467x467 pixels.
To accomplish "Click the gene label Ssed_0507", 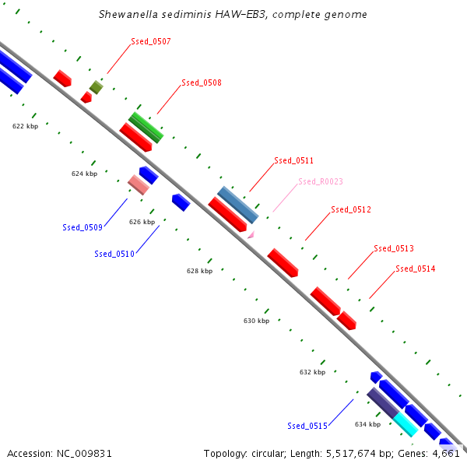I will (x=151, y=41).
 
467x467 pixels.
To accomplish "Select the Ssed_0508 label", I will (x=201, y=83).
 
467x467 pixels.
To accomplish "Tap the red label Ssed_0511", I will (x=293, y=160).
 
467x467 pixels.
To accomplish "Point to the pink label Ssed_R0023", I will (x=320, y=181).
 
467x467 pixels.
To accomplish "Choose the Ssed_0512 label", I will (x=350, y=209).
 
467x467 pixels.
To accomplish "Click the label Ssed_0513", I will (x=393, y=248).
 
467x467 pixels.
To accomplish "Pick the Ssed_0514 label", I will (x=415, y=269).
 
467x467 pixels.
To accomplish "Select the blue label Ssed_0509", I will (x=83, y=227).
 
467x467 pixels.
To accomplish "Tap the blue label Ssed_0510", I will (x=114, y=254).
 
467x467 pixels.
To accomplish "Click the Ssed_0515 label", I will (x=307, y=426).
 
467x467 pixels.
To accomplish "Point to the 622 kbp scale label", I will (x=25, y=125).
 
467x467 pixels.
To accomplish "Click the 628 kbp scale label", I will (x=199, y=272).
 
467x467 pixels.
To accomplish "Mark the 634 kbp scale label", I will (x=367, y=424).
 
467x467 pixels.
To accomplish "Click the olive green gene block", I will (x=96, y=87).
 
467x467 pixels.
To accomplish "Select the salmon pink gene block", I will (x=139, y=184).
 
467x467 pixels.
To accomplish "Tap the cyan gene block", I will (x=406, y=424).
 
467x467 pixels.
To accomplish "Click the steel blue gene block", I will (x=237, y=205).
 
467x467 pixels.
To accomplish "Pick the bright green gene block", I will (x=146, y=127).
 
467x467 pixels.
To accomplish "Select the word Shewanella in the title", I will (x=129, y=15).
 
